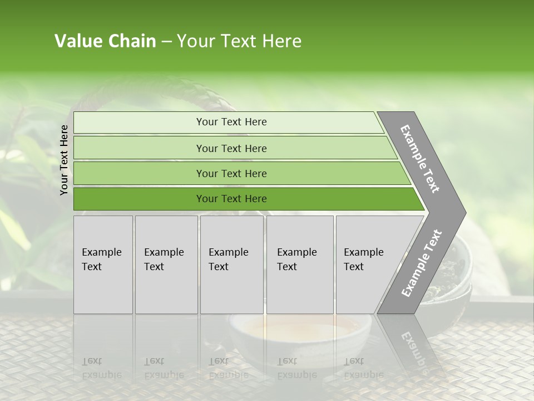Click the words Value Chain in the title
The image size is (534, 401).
(105, 41)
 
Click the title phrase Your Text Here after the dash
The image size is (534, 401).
(239, 41)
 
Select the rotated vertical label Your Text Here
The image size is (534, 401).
(64, 160)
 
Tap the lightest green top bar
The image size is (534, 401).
(139, 123)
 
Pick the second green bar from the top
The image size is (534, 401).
(139, 148)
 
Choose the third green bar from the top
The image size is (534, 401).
(139, 173)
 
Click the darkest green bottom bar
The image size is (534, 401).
(139, 199)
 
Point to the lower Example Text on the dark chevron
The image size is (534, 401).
(422, 263)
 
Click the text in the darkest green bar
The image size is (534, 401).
(231, 199)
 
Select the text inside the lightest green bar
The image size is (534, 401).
(231, 122)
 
